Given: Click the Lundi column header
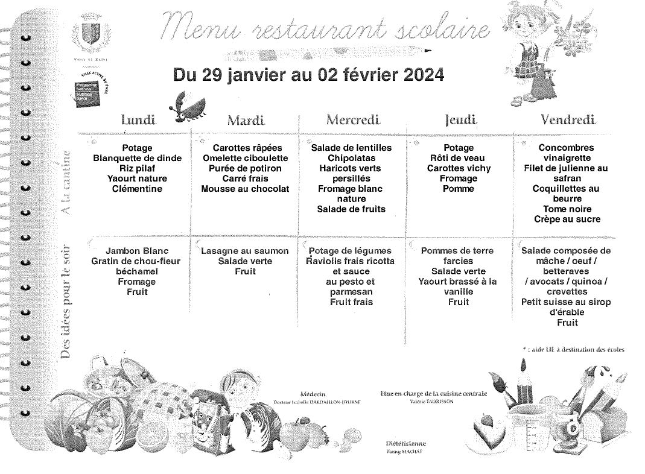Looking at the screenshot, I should point(138,119).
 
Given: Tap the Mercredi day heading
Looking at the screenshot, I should point(353,119).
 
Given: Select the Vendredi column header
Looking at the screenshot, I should point(568,119).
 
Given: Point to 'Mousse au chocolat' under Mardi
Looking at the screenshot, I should point(245,189).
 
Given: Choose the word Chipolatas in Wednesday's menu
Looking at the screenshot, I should point(351,158).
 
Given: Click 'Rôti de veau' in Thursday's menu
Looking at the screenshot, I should point(459,158).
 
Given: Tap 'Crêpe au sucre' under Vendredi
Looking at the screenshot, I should point(567,220).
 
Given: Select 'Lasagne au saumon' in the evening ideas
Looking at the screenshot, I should point(245,251).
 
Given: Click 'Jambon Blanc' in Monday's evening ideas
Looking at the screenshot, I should point(136,251).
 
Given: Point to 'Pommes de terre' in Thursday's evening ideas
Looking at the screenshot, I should point(457,251).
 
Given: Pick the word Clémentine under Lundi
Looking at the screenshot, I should point(137,189).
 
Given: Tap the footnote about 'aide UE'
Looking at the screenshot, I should point(573,349).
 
